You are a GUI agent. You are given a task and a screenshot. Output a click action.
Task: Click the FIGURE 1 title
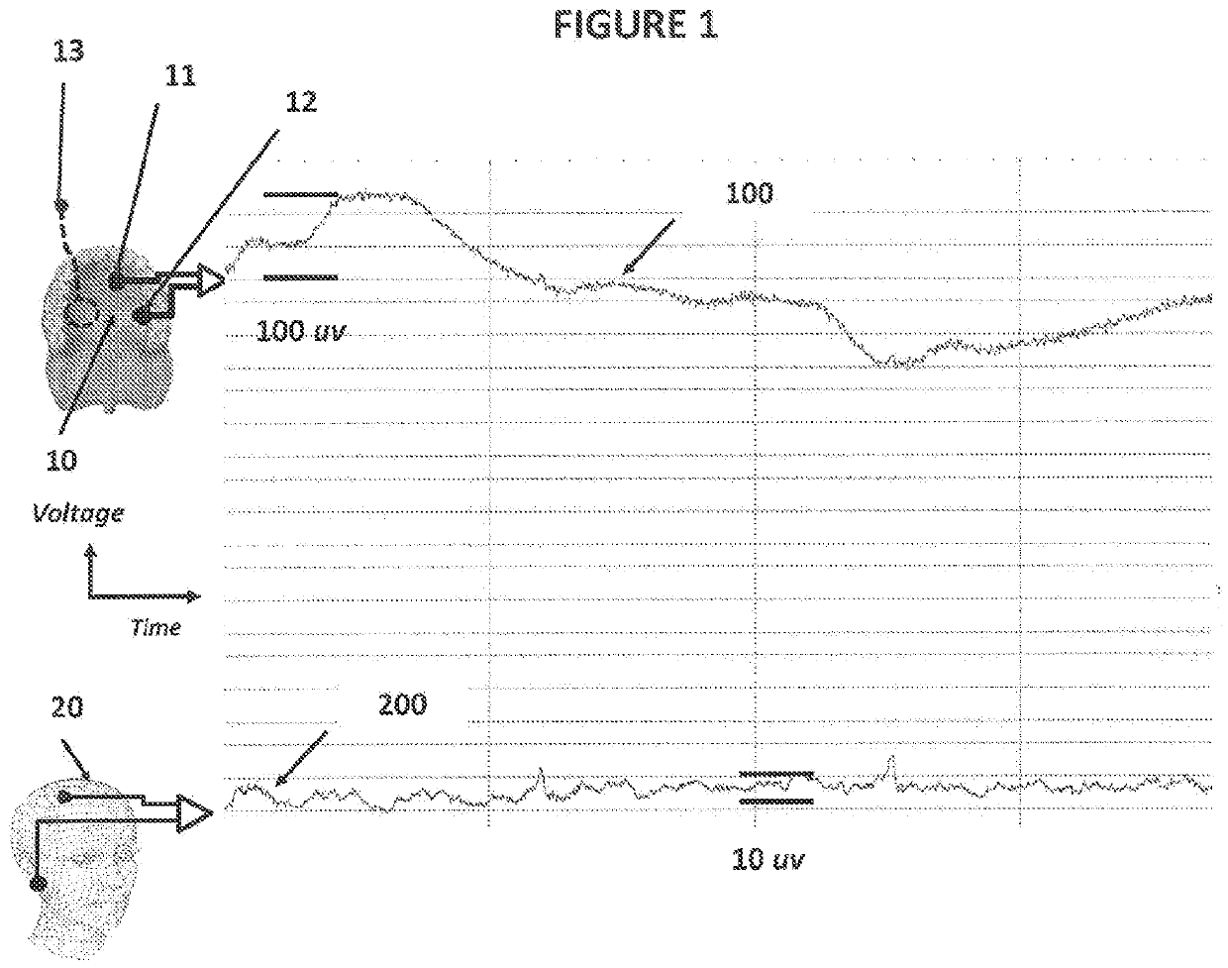point(635,25)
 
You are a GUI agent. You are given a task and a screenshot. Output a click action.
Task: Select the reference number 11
point(180,76)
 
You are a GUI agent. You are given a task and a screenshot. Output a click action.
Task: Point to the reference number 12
point(300,101)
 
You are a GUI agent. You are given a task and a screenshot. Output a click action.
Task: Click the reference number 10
point(60,460)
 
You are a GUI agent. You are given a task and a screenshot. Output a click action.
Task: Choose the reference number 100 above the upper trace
point(749,193)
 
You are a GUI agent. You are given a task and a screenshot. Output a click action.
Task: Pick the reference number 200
point(402,705)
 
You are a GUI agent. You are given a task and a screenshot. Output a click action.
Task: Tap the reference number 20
point(66,706)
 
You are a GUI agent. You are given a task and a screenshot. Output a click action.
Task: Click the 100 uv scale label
point(301,332)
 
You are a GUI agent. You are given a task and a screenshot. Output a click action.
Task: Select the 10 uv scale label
point(768,859)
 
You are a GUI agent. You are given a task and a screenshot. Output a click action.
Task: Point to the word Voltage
point(78,513)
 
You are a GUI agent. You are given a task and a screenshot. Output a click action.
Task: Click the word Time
point(155,627)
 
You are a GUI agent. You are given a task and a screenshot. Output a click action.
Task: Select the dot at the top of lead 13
point(61,206)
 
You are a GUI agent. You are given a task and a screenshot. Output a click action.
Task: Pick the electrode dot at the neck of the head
point(39,883)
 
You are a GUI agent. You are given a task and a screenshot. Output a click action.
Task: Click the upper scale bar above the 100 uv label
point(300,195)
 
